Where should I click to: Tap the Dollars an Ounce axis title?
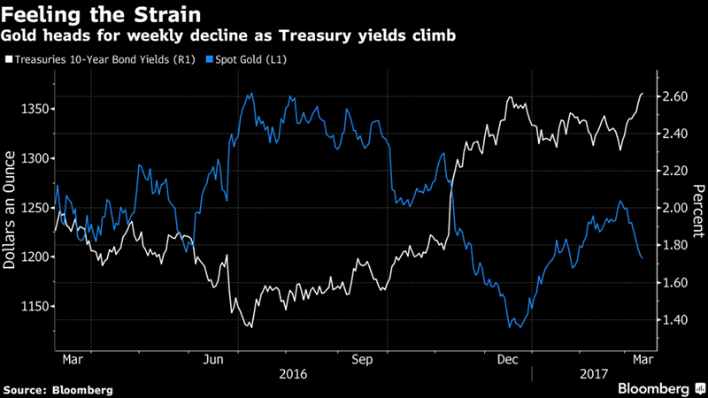tap(12, 208)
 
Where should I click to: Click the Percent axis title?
tap(698, 208)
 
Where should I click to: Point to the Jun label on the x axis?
tap(213, 360)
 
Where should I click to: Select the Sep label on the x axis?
tap(362, 360)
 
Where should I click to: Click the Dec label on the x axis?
tap(508, 360)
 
